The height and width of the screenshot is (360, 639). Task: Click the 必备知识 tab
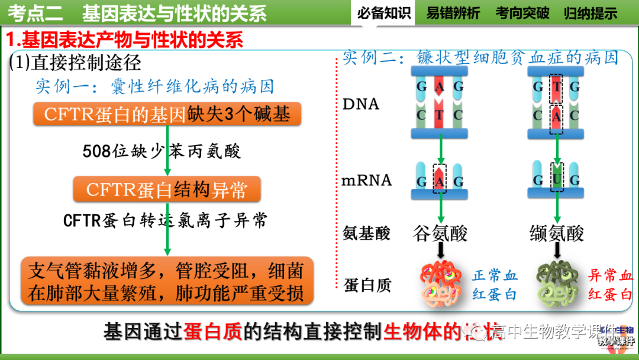click(x=384, y=12)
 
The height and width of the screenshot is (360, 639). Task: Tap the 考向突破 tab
click(x=522, y=12)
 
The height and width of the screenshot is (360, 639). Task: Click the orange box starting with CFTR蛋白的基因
click(x=167, y=114)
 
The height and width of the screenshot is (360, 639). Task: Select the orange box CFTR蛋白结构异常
click(x=167, y=189)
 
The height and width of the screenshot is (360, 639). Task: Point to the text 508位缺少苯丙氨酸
click(x=162, y=152)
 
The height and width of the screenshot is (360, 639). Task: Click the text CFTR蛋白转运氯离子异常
click(x=166, y=221)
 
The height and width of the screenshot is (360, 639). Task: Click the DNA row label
click(x=361, y=104)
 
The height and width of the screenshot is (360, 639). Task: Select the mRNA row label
click(x=367, y=180)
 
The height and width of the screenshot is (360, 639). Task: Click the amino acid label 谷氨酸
click(x=440, y=233)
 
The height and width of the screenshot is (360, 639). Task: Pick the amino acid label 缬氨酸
click(x=557, y=233)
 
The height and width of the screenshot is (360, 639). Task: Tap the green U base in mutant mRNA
click(x=557, y=179)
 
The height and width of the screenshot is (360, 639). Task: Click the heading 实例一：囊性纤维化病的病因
click(x=154, y=86)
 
